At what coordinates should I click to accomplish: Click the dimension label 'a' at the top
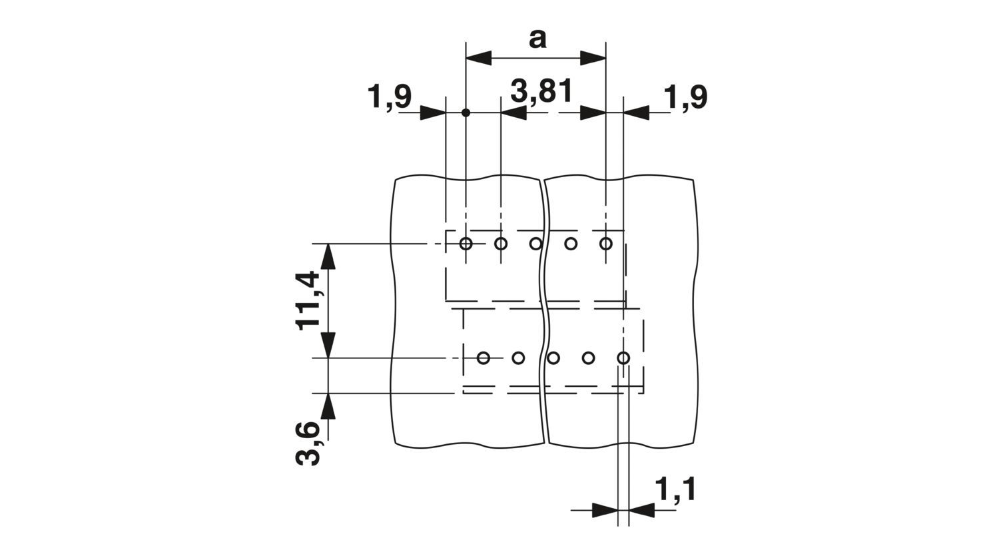click(537, 39)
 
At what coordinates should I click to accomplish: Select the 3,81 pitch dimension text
click(541, 93)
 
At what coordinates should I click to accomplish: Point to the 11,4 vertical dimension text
click(308, 300)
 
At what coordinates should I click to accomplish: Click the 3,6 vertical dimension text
click(308, 443)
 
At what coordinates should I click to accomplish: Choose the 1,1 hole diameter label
click(675, 489)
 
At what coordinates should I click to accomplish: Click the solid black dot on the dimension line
click(466, 113)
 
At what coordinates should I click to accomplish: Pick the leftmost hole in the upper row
click(466, 244)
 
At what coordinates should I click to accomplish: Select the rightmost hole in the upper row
click(605, 244)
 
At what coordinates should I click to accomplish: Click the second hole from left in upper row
click(501, 244)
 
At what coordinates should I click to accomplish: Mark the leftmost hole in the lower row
click(483, 358)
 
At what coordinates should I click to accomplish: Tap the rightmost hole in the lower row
click(623, 358)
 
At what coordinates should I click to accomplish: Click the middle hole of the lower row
click(553, 358)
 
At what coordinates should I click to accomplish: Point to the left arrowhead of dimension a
click(479, 58)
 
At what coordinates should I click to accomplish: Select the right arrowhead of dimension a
click(593, 58)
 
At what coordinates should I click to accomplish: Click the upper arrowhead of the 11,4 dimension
click(328, 256)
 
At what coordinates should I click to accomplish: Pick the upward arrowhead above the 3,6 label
click(328, 406)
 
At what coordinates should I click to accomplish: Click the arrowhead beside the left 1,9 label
click(433, 113)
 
